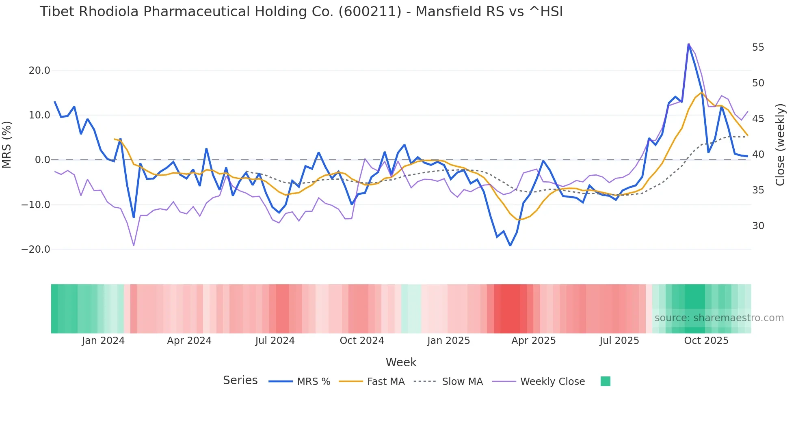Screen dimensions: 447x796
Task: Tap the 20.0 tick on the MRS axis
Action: [x=39, y=71]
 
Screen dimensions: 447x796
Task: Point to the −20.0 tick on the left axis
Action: [x=36, y=249]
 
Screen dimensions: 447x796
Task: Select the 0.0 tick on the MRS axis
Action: [x=42, y=160]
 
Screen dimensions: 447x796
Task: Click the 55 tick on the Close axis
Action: [x=758, y=47]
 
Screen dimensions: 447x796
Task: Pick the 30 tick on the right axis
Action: [x=758, y=226]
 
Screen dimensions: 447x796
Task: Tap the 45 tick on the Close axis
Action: [x=758, y=119]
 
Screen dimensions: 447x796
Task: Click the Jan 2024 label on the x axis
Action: [x=103, y=341]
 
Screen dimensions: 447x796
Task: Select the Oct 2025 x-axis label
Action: [x=706, y=341]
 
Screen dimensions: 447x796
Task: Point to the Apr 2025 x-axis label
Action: [x=533, y=341]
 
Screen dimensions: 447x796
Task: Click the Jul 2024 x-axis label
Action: [x=275, y=341]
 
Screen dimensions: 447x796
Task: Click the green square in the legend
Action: [x=605, y=381]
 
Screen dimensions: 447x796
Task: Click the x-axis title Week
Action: [x=401, y=362]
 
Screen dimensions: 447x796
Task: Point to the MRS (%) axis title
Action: [x=7, y=144]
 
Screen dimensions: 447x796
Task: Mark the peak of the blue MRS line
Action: [x=688, y=44]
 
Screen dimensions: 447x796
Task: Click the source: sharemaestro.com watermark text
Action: [x=719, y=318]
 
